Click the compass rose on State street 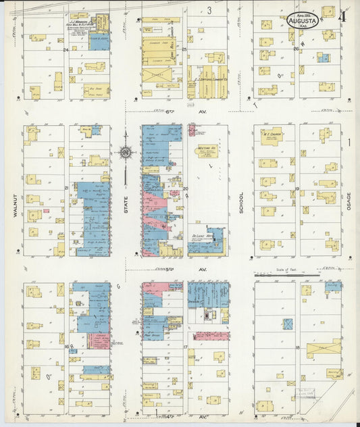click(x=126, y=153)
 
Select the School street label click(x=240, y=203)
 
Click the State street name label click(x=126, y=203)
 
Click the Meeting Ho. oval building click(x=207, y=151)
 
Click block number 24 click(x=66, y=49)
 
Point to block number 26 click(x=296, y=49)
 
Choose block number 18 click(x=297, y=347)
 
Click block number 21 click(x=66, y=188)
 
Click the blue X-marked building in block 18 click(x=288, y=324)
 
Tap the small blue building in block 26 click(x=324, y=58)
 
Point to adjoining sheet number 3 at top click(x=209, y=9)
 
